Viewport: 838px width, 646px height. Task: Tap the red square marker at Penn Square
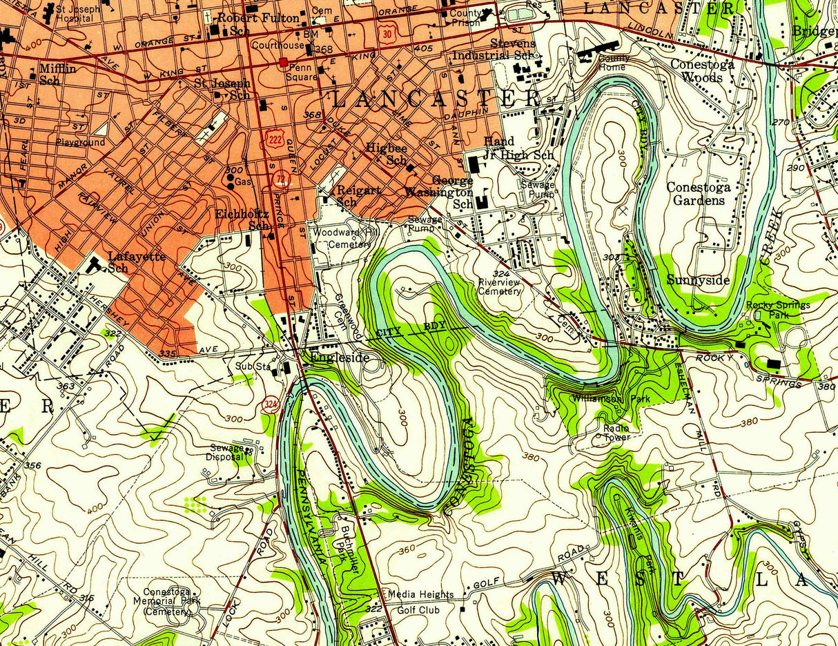pos(283,62)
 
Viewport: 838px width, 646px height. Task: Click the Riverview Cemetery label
pos(500,286)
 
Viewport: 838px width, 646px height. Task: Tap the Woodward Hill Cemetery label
pos(344,238)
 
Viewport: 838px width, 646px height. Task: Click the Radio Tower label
pos(616,432)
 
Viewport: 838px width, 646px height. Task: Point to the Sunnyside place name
pos(698,280)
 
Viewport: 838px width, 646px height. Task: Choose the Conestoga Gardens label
pos(698,193)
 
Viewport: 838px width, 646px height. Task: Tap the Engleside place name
pos(339,358)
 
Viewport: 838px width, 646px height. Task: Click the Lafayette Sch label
pos(137,262)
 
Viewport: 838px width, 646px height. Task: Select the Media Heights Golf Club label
pos(420,602)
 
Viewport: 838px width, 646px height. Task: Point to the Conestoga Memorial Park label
pos(166,601)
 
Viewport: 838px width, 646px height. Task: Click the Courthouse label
pos(277,46)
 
